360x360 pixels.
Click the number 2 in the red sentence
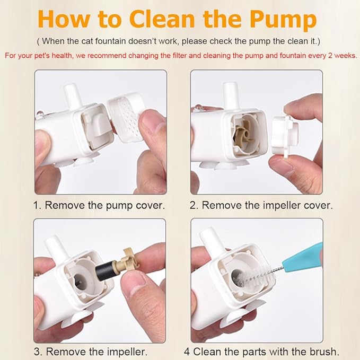click(x=330, y=56)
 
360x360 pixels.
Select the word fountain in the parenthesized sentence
click(x=110, y=41)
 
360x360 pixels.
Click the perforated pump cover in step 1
click(x=126, y=117)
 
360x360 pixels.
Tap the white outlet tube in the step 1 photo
click(x=73, y=96)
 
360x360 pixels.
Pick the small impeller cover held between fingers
click(x=285, y=136)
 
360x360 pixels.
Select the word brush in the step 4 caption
click(x=324, y=352)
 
